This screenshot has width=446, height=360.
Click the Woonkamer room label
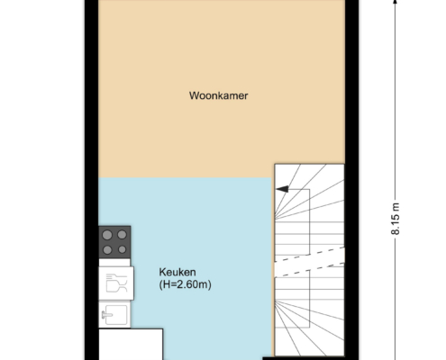coord(218,95)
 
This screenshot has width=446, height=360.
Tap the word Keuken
coord(177,272)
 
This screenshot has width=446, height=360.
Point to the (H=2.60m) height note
coord(185,284)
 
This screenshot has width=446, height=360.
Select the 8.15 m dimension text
coord(396,219)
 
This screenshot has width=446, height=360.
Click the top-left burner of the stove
coord(107,235)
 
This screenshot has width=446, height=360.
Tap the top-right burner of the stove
coord(122,235)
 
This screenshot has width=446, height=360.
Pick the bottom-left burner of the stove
coord(107,249)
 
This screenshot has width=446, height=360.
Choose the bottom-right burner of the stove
coord(122,249)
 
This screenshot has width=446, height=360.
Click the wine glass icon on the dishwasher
coord(116,283)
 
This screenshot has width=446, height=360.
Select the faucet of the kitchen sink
coord(106,315)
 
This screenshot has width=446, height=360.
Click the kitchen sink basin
coord(115,315)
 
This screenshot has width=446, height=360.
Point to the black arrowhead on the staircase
coord(282,189)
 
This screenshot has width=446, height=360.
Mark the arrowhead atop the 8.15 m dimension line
coord(396,2)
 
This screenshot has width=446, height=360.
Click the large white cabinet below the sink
coord(131,345)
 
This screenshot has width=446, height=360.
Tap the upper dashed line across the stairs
coord(310,254)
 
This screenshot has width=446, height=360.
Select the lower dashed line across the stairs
coord(310,269)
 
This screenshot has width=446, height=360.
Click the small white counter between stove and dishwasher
coord(114,263)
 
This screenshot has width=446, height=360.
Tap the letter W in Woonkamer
coord(194,95)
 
